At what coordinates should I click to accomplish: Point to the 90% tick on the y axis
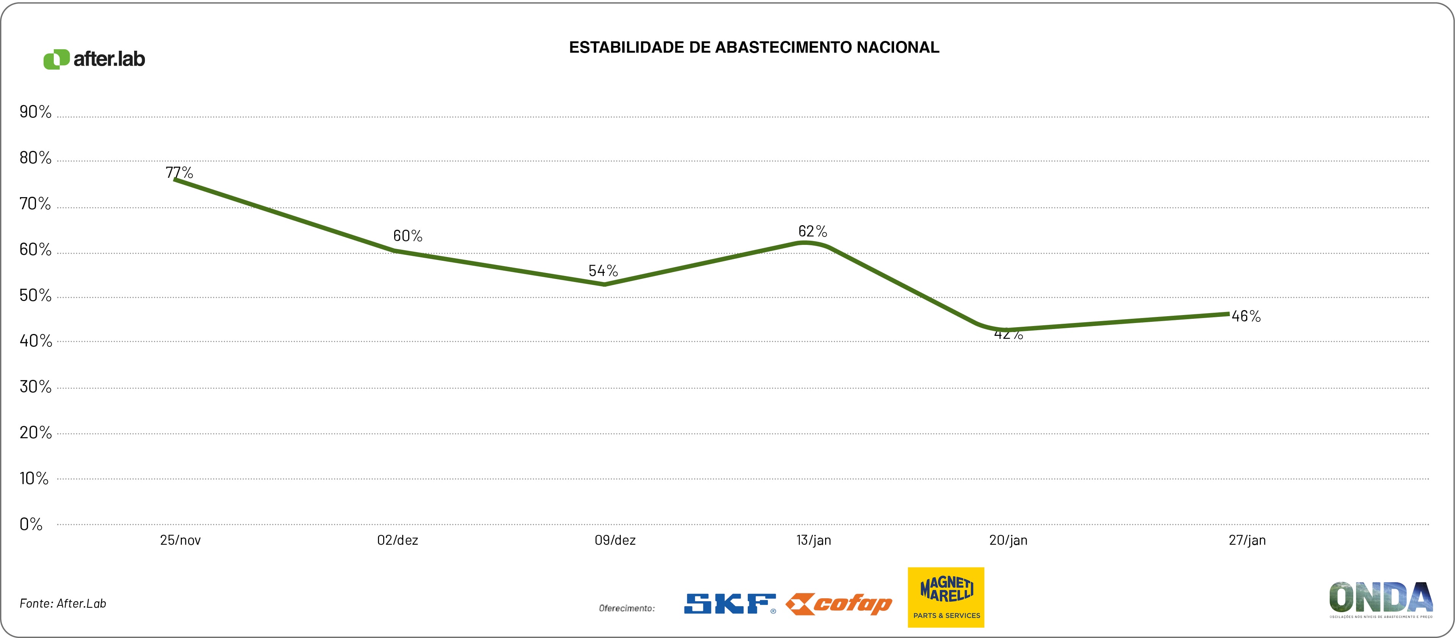[x=35, y=112]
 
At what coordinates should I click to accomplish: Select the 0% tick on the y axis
[x=31, y=524]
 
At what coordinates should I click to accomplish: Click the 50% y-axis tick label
[x=35, y=296]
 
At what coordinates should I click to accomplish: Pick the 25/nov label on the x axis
[x=180, y=540]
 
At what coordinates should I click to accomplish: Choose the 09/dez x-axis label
[x=614, y=540]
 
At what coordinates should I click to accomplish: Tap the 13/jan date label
[x=813, y=540]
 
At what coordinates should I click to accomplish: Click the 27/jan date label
[x=1247, y=540]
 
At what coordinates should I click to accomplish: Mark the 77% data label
[x=179, y=172]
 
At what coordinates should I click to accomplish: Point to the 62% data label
[x=812, y=231]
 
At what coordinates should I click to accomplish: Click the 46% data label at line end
[x=1246, y=317]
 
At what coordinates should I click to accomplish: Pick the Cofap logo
[x=839, y=604]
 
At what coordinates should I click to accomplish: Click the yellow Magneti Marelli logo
[x=946, y=597]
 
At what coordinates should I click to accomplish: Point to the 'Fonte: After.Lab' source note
[x=63, y=604]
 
